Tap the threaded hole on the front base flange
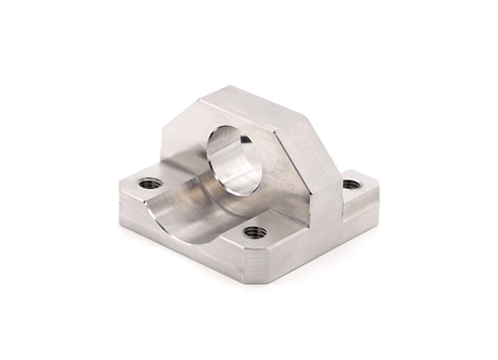tap(254, 232)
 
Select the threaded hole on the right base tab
tap(350, 185)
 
